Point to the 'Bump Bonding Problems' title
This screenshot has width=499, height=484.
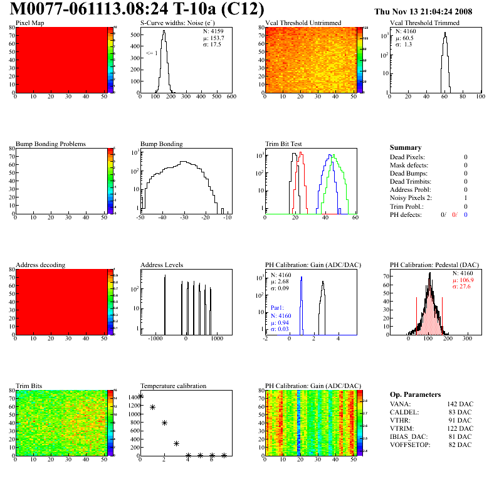point(51,144)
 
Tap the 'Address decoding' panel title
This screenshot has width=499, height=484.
point(41,265)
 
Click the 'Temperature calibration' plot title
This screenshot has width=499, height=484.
point(173,386)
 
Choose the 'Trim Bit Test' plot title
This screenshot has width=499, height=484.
point(285,144)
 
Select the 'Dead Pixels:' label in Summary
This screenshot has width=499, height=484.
point(407,157)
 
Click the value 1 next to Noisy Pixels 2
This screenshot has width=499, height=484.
point(465,197)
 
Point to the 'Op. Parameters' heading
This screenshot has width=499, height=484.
point(415,394)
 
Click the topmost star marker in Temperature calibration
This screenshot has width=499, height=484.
point(140,396)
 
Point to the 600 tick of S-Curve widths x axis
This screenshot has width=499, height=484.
point(231,97)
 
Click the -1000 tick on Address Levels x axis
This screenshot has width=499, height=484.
point(154,338)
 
